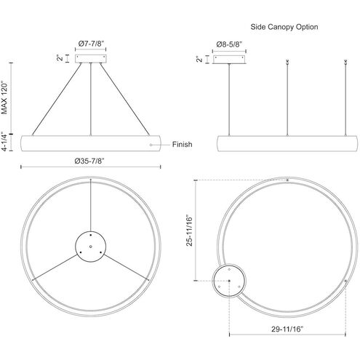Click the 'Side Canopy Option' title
coord(284,27)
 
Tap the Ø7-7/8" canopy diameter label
coord(91,44)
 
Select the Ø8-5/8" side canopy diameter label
coord(229,44)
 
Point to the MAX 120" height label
coord(5,97)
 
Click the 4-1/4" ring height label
coord(5,142)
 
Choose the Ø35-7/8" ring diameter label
coord(89,161)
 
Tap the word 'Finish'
coord(182,145)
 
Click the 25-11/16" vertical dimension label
coord(189,231)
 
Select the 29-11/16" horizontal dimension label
coord(287,329)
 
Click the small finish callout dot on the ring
coord(151,145)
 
